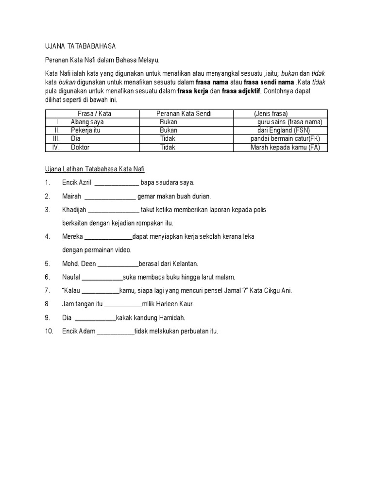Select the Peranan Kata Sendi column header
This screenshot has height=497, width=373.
pyautogui.click(x=184, y=114)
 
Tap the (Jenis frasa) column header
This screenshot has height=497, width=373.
pyautogui.click(x=271, y=114)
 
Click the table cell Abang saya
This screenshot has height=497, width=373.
pyautogui.click(x=87, y=122)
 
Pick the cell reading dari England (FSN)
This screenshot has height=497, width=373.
pyautogui.click(x=284, y=130)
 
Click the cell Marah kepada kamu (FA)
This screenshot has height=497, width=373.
pyautogui.click(x=285, y=148)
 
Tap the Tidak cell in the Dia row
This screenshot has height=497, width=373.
pyautogui.click(x=168, y=139)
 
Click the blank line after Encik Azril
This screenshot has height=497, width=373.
pyautogui.click(x=116, y=183)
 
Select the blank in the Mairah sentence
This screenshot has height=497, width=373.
pyautogui.click(x=110, y=197)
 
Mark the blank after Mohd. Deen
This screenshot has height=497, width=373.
pyautogui.click(x=118, y=264)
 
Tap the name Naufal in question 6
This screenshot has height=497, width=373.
pyautogui.click(x=71, y=277)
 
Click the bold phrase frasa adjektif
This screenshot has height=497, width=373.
pyautogui.click(x=241, y=91)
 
